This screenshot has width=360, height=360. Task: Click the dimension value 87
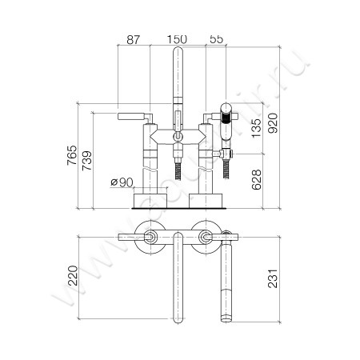(x=134, y=38)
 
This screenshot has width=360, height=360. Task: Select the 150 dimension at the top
(x=177, y=38)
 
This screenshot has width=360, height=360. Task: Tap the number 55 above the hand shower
(x=216, y=38)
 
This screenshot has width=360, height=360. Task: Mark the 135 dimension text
(x=255, y=128)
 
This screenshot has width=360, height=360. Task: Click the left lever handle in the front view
(x=132, y=118)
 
